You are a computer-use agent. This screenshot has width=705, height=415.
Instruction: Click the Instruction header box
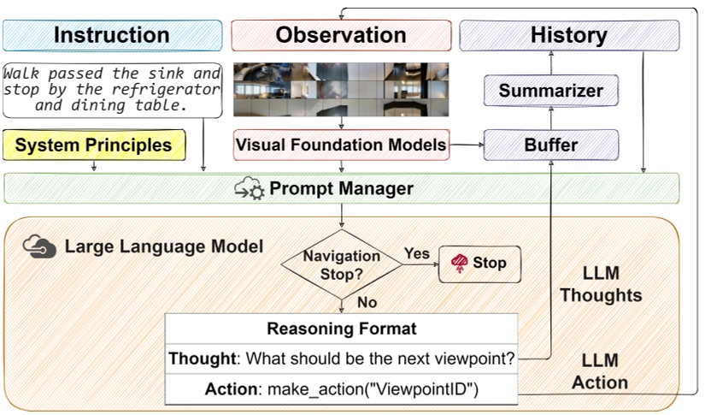coord(111,35)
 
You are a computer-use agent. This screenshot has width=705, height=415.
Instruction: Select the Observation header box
coord(341,35)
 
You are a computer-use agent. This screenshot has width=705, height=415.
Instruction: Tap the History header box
coord(569,35)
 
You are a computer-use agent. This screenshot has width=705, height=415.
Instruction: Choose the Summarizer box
coord(551,90)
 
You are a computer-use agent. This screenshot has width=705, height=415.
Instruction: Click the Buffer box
coord(551,145)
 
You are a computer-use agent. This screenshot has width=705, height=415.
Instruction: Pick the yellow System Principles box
coord(94,145)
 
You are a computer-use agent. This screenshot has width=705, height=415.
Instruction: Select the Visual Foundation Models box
coord(341,145)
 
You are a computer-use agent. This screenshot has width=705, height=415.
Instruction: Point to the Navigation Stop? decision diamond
coord(342,264)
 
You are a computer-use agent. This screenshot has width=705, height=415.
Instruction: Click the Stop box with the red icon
coord(479,263)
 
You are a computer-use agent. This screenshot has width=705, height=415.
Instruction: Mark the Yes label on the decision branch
coord(416,254)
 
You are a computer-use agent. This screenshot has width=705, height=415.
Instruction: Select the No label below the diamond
coord(367,303)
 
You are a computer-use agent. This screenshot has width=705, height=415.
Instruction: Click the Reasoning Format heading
coord(341,329)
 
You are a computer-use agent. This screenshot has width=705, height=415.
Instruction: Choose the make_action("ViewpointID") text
coord(373,389)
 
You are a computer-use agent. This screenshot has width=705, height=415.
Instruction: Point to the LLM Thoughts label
coord(600,285)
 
